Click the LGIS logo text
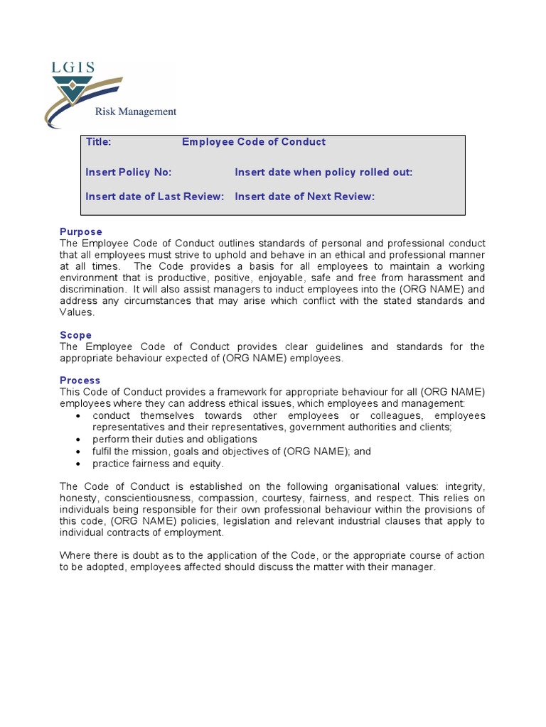point(73,68)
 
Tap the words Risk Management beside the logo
point(136,111)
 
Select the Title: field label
point(98,142)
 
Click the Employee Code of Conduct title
point(253,142)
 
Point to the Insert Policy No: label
point(129,173)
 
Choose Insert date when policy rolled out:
point(323,173)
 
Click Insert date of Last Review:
point(155,197)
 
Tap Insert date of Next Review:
point(304,197)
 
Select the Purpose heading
point(80,232)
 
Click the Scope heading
point(75,335)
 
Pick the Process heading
point(80,381)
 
